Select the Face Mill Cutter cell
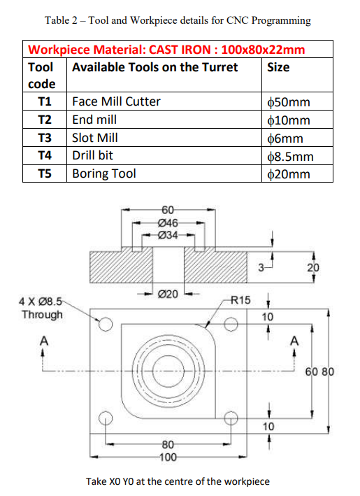116,101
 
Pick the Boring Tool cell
104,173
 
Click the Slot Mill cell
95,138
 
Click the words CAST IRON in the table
184,50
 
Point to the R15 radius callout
240,300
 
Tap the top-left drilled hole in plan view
106,324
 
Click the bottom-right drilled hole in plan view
230,418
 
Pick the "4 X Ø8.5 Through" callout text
42,309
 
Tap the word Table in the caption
58,20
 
